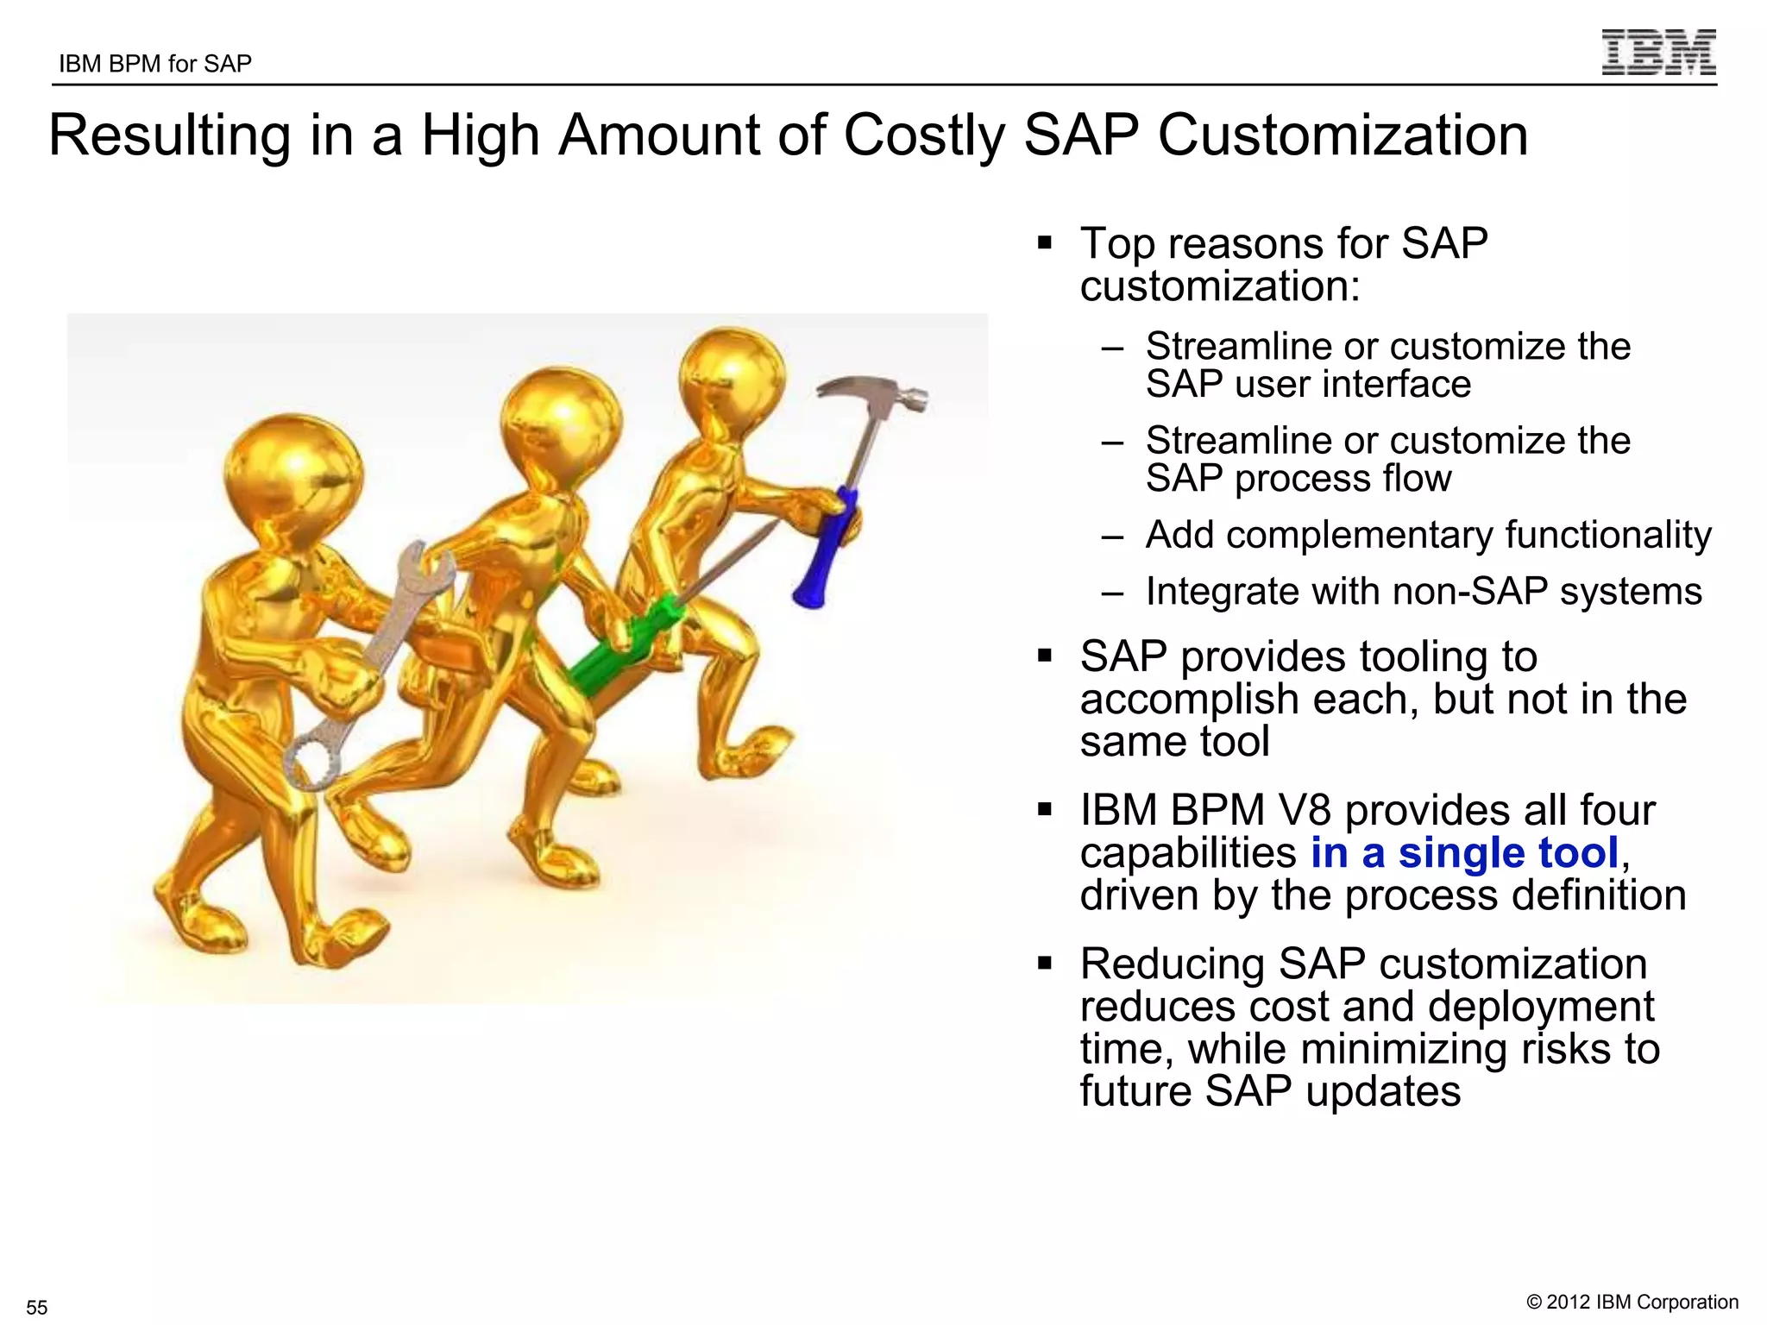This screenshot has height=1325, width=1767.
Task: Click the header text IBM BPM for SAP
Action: tap(155, 64)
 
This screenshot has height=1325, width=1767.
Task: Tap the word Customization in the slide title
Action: tap(1343, 135)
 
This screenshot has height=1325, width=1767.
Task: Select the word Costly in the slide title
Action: tap(923, 135)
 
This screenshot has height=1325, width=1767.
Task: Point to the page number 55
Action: tap(37, 1307)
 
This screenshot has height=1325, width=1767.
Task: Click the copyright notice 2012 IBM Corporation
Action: tap(1632, 1302)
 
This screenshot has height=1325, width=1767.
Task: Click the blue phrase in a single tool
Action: tap(1464, 853)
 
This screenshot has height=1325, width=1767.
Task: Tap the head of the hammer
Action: tap(871, 392)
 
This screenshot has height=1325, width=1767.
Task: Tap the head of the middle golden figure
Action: tap(561, 423)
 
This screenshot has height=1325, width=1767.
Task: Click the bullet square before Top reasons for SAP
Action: tap(1045, 243)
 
